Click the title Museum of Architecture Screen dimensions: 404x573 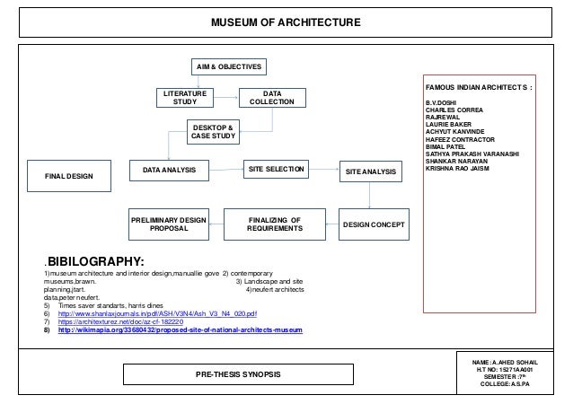[x=287, y=22]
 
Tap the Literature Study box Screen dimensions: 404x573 [x=182, y=98]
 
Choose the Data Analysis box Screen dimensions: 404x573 [x=168, y=169]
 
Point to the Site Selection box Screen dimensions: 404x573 [x=277, y=169]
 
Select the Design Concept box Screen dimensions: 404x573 [x=372, y=223]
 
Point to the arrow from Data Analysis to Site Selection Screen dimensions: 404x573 [x=226, y=168]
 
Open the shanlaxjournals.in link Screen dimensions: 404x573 [x=157, y=313]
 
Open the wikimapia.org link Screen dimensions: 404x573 [x=180, y=330]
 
